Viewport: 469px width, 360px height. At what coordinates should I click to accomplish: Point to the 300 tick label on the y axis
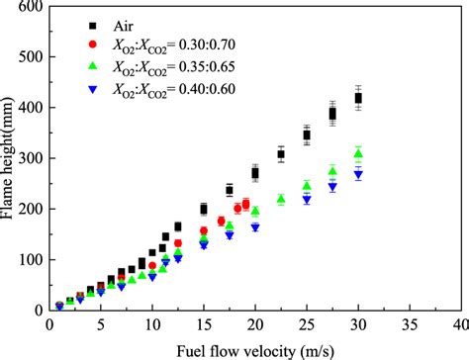(31, 158)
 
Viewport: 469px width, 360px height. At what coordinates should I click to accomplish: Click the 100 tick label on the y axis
(31, 260)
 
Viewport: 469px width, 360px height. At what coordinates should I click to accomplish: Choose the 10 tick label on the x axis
(151, 323)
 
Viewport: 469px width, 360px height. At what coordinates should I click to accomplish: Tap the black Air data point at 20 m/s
(255, 173)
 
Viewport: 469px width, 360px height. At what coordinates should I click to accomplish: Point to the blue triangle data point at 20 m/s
(255, 227)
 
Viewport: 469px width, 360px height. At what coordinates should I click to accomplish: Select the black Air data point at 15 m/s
(204, 209)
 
